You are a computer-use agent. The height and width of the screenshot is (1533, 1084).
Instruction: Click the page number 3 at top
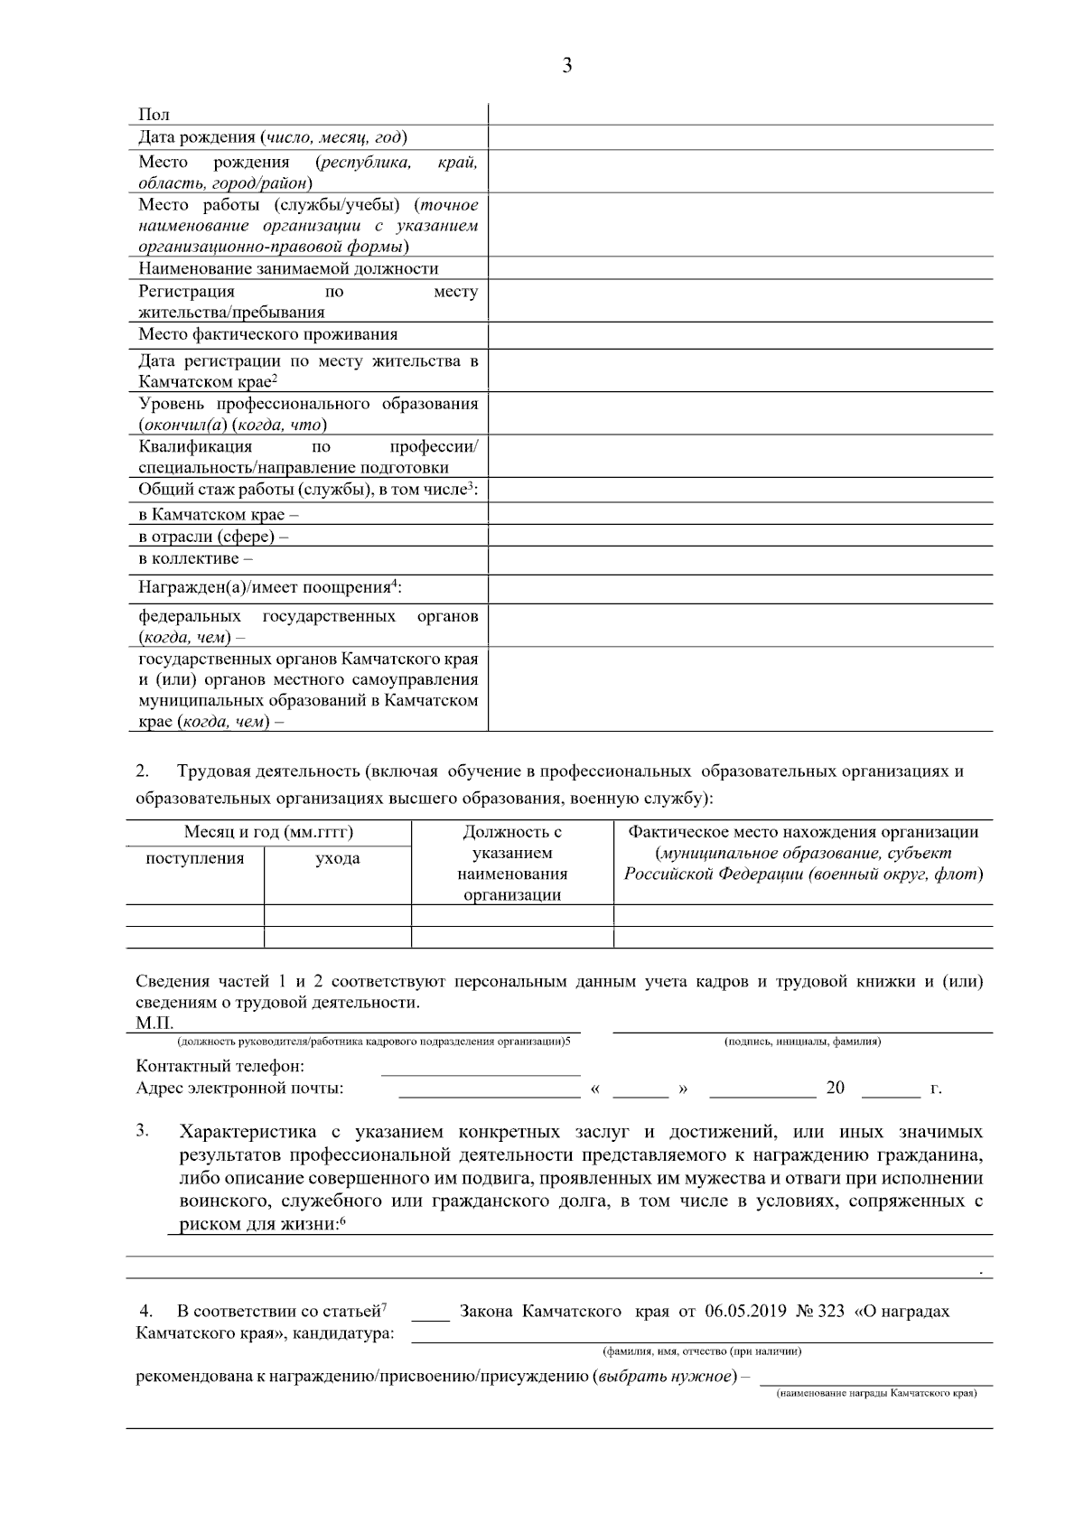(566, 66)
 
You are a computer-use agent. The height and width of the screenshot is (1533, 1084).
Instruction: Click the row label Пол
(154, 115)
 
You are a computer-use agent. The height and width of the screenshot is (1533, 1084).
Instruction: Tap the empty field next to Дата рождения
(740, 137)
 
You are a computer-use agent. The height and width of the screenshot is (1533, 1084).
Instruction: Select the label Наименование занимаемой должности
(288, 268)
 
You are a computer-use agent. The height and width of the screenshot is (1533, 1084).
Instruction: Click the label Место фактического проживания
(267, 334)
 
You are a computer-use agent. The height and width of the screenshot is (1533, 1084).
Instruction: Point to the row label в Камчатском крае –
(219, 515)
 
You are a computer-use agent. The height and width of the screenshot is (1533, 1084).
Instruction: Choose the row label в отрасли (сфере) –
(213, 537)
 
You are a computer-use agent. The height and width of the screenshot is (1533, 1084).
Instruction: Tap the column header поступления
(195, 858)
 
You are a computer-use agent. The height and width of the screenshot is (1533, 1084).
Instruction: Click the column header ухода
(337, 858)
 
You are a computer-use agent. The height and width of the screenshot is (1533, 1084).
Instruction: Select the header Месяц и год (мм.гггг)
(268, 832)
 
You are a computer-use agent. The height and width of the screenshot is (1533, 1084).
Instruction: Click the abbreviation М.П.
(154, 1023)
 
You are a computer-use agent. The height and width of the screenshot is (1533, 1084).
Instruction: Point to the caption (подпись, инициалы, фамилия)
(802, 1042)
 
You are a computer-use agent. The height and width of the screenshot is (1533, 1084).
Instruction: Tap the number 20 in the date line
(835, 1088)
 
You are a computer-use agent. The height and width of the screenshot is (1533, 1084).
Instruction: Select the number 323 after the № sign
(830, 1311)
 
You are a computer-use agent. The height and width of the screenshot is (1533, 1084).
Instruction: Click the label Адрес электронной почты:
(239, 1088)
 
